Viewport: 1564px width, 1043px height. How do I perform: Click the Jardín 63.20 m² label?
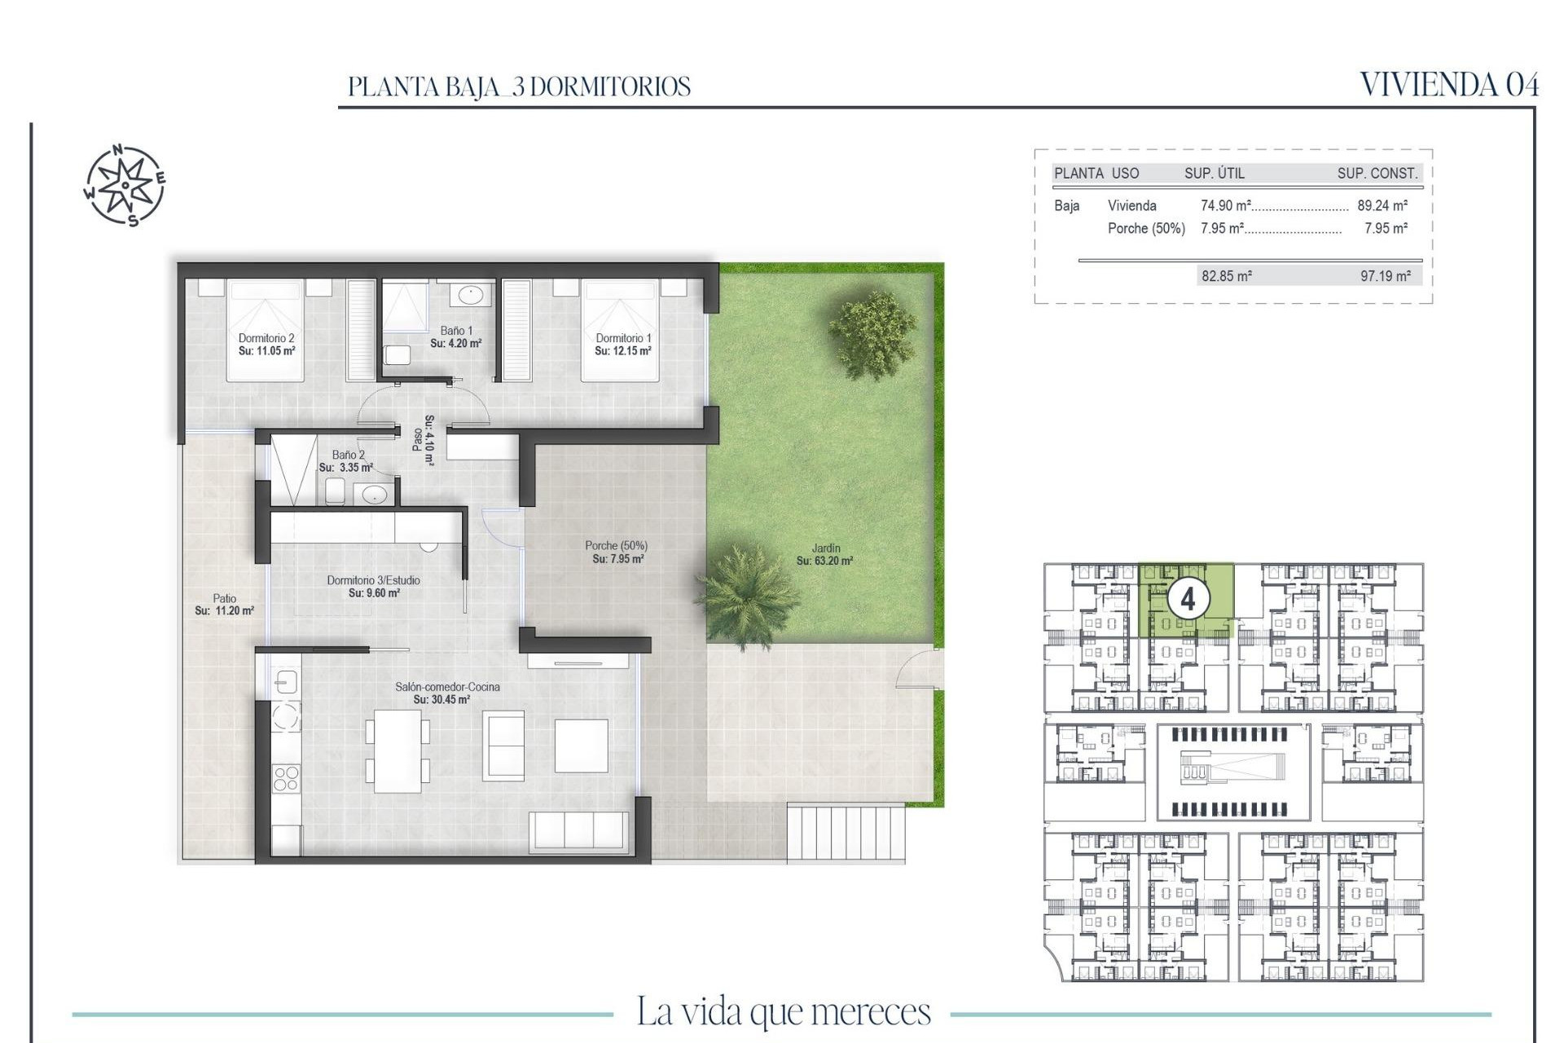click(824, 554)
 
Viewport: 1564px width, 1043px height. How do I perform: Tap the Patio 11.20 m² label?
click(224, 604)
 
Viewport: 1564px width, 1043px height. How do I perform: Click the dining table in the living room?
click(398, 750)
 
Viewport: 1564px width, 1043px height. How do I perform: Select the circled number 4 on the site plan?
click(1187, 600)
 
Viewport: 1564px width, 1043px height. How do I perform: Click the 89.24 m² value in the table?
click(1382, 206)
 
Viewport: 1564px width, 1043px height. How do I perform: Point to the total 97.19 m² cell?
click(1385, 276)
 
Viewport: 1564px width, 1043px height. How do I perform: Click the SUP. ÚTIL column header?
click(1214, 173)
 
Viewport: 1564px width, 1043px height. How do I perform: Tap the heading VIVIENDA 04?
click(1449, 85)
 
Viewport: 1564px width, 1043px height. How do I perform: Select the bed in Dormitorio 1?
click(619, 330)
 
